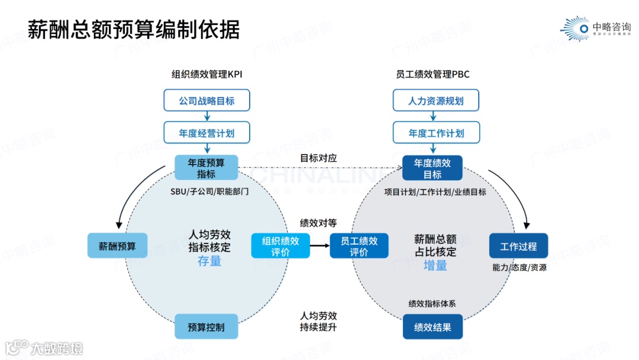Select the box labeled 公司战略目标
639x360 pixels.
point(206,100)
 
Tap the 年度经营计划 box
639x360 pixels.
point(206,133)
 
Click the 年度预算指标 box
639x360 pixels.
point(206,168)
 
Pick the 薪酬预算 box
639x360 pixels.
point(117,246)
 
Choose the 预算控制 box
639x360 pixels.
point(206,327)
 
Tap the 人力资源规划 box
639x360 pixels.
point(436,100)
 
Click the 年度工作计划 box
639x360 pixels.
point(436,133)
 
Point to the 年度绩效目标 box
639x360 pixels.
point(433,168)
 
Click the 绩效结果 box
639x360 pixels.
point(433,327)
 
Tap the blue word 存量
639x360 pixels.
point(209,261)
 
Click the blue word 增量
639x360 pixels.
point(435,265)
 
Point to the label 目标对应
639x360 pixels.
point(318,158)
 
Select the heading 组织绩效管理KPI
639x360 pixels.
point(206,75)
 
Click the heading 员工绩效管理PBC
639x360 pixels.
point(433,75)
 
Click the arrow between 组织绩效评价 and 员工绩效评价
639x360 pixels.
point(319,246)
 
